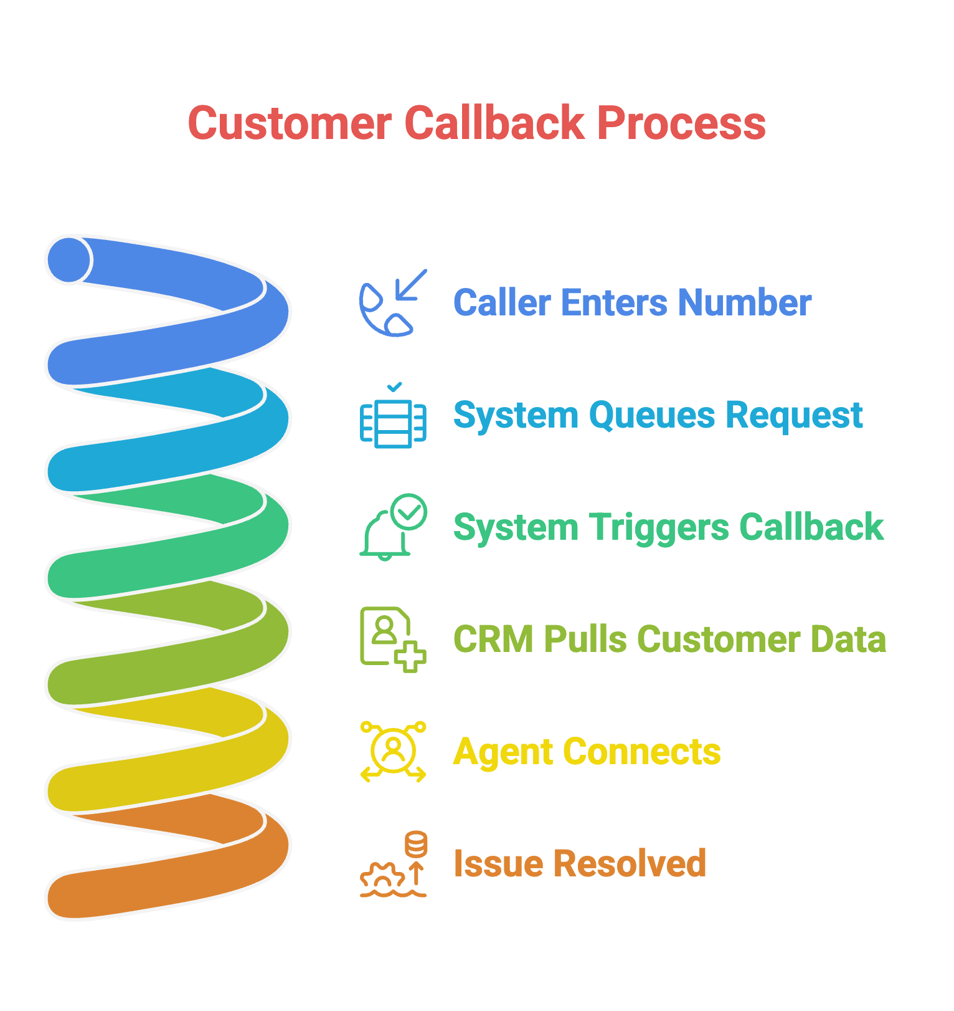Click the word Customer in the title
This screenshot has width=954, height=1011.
pos(290,123)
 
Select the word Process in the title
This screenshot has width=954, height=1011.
pos(681,123)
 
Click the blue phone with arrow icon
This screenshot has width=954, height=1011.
pos(393,303)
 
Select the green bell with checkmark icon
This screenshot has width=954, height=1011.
pos(393,527)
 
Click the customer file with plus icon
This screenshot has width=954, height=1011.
pos(393,640)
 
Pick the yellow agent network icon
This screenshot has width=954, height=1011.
pos(393,752)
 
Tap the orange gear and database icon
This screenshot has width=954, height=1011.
pos(393,864)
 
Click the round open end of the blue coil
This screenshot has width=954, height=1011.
pos(68,260)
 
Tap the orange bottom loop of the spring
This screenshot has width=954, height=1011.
pos(168,879)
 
